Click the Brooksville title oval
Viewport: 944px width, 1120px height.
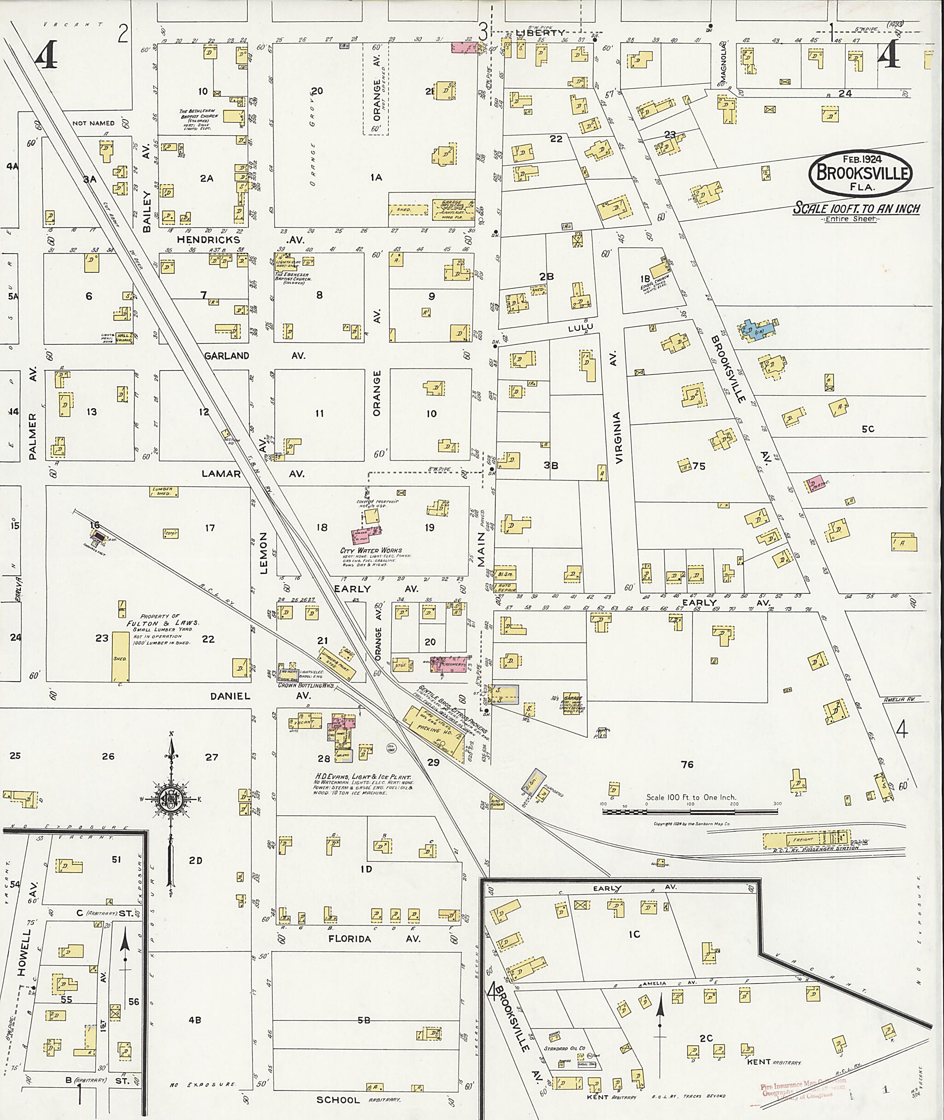861,172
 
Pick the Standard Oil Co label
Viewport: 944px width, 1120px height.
564,1048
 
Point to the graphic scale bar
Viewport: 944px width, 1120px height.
690,812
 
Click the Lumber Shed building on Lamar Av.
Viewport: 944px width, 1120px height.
163,492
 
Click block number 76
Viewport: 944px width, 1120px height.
687,764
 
